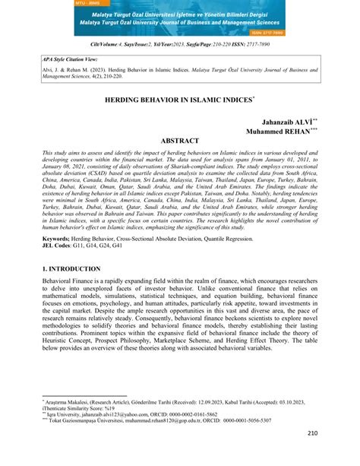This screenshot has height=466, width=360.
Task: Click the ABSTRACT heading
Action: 180,141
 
